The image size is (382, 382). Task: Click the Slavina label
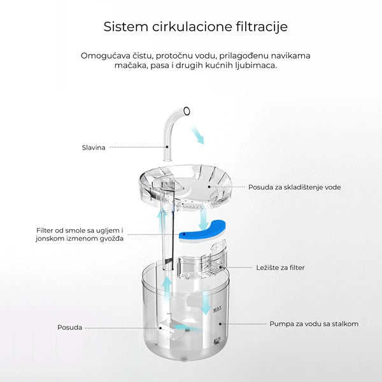click(x=94, y=147)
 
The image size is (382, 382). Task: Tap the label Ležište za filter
click(x=280, y=267)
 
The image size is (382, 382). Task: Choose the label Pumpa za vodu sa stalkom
click(x=313, y=323)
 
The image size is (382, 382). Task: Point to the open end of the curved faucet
click(x=186, y=112)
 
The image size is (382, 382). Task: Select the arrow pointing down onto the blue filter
click(x=202, y=220)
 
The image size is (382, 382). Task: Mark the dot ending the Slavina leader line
click(x=167, y=147)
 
